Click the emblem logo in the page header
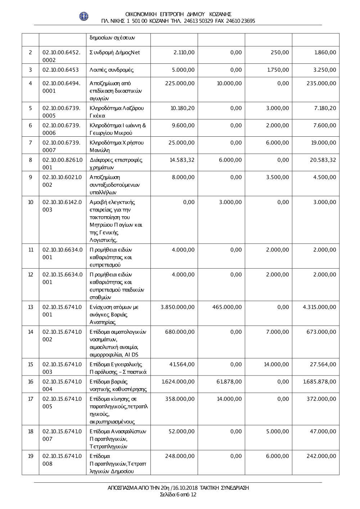pyautogui.click(x=84, y=16)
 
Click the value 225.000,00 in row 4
pyautogui.click(x=180, y=83)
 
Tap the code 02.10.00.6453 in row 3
pyautogui.click(x=60, y=70)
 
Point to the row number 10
pyautogui.click(x=31, y=202)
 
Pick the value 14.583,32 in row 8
pyautogui.click(x=182, y=160)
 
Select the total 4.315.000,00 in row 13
pyautogui.click(x=320, y=307)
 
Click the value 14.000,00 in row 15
pyautogui.click(x=276, y=364)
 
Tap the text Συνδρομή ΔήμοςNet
pyautogui.click(x=115, y=53)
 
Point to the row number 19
pyautogui.click(x=31, y=456)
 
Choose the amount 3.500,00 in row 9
pyautogui.click(x=277, y=177)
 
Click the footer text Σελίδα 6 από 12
pyautogui.click(x=178, y=495)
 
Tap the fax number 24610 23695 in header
pyautogui.click(x=240, y=21)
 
